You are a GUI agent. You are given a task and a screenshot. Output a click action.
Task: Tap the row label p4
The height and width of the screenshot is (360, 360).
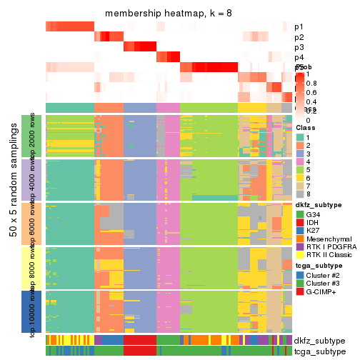(299, 57)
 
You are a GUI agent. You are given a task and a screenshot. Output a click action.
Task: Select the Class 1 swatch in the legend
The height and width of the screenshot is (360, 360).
(300, 137)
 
